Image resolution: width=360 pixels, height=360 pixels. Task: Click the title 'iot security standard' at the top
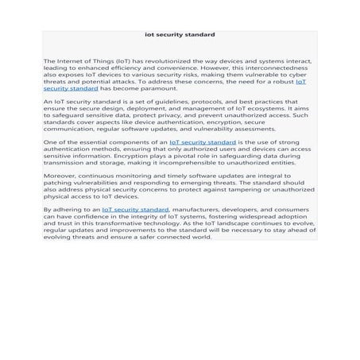tap(180, 35)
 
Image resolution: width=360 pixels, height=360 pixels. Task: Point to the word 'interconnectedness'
tap(280, 68)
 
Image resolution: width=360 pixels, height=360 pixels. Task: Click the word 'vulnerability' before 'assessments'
tap(218, 129)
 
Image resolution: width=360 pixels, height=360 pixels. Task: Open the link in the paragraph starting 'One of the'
tap(203, 142)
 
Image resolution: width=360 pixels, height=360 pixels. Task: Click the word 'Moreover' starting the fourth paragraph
tap(60, 176)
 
